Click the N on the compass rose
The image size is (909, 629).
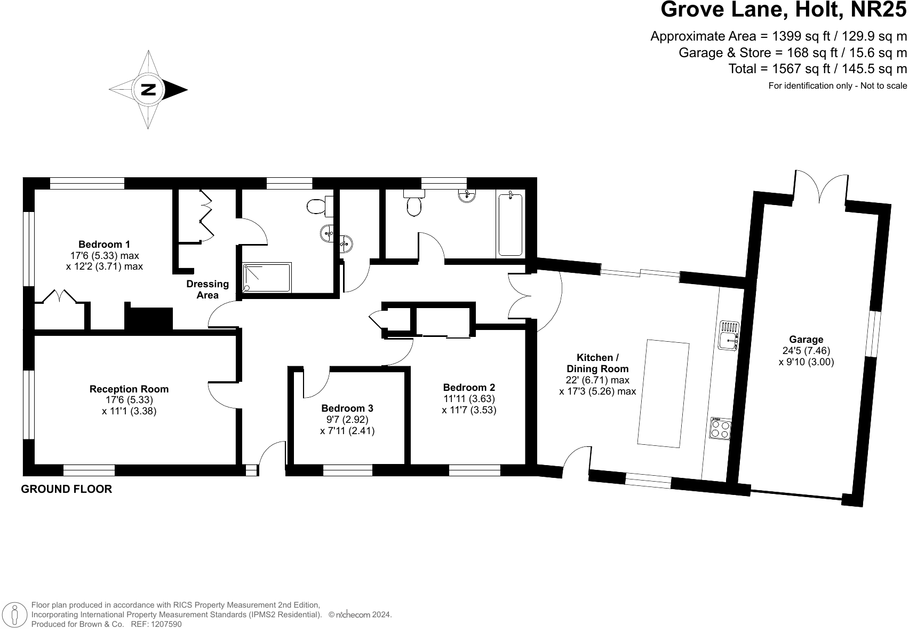click(x=148, y=90)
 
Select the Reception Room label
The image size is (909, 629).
click(x=129, y=389)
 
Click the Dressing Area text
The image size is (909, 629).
click(x=208, y=289)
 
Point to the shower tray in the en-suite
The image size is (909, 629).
click(x=267, y=277)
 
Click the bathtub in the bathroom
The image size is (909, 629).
click(x=510, y=225)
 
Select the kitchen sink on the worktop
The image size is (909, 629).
click(x=728, y=335)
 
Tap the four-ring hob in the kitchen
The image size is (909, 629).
click(x=720, y=428)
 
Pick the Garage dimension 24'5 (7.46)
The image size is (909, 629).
click(x=806, y=350)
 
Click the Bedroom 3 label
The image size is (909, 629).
click(x=347, y=409)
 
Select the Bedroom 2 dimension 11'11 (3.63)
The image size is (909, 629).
click(x=469, y=399)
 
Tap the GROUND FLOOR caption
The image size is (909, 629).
click(x=67, y=489)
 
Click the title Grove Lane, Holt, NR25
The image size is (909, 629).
click(x=783, y=10)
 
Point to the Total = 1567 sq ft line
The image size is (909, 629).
click(x=817, y=69)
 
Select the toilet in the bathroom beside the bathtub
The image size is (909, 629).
click(x=413, y=203)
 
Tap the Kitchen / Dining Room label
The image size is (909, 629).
click(x=597, y=363)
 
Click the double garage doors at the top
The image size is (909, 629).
click(x=821, y=187)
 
